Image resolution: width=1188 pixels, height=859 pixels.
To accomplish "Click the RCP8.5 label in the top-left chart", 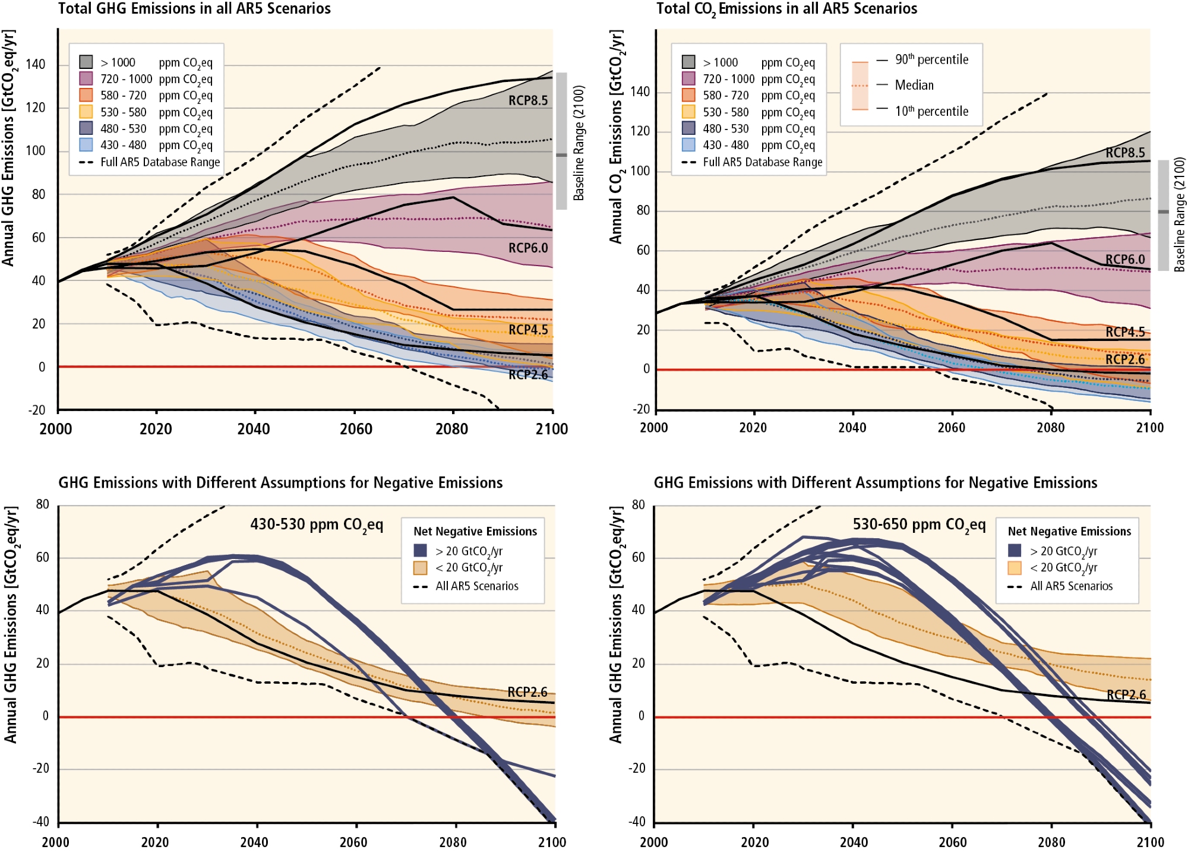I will tap(527, 100).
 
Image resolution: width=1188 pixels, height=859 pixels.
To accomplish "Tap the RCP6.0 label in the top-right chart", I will tap(1124, 260).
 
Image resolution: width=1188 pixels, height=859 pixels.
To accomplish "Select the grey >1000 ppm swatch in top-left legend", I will tap(86, 62).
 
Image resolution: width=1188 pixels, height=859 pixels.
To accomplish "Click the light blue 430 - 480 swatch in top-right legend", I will tap(688, 144).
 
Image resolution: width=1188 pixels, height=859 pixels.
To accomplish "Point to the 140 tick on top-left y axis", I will tap(36, 64).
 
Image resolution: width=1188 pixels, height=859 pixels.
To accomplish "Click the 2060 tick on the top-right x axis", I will tap(952, 428).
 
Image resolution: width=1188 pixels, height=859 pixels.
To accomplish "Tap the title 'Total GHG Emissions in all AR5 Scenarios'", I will tap(194, 8).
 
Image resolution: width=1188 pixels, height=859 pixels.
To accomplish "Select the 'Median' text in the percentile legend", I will tap(914, 85).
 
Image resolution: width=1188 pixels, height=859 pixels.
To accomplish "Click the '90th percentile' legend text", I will tap(931, 59).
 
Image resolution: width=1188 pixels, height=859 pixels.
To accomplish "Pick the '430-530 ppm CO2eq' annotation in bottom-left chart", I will tap(317, 525).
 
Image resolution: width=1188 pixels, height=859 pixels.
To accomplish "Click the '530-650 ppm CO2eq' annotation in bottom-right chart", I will tap(919, 525).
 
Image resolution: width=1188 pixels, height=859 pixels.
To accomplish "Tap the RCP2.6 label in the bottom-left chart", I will tap(527, 692).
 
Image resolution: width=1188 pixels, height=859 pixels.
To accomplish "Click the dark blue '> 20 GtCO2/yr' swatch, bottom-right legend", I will tap(1015, 551).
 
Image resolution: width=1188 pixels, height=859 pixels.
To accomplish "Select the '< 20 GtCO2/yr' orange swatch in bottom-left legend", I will tap(421, 568).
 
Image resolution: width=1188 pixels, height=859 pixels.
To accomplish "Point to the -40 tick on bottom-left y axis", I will tap(41, 822).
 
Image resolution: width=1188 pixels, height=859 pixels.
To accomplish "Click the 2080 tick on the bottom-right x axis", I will tap(1051, 842).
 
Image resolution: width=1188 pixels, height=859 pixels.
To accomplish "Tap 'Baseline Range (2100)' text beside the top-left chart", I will tap(579, 143).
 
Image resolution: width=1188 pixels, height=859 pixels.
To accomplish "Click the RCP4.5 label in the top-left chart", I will tap(527, 330).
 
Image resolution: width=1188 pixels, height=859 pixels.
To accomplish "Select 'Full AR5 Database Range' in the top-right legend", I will tap(763, 162).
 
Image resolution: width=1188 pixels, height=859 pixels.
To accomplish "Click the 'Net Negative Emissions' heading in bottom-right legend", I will tap(1069, 531).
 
